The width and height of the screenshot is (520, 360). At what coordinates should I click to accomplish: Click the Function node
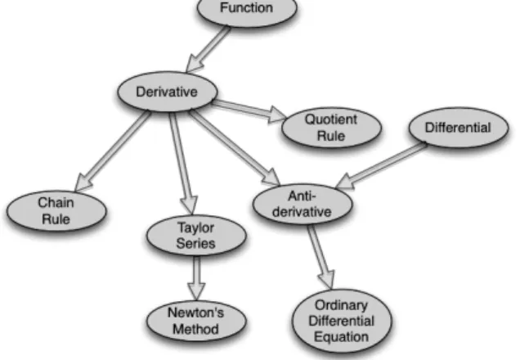pos(247,9)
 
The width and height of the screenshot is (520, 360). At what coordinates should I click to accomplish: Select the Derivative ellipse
pos(168,92)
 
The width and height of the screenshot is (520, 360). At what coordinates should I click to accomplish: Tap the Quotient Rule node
pos(331,128)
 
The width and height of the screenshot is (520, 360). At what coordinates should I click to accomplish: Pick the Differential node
pos(459,128)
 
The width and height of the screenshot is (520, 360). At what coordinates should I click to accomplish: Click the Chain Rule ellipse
pos(56,211)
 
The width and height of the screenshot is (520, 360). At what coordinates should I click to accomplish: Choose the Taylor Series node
pos(196,236)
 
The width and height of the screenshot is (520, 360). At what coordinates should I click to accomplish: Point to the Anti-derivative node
pos(303,204)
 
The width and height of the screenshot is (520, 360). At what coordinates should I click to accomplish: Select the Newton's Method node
pos(196,321)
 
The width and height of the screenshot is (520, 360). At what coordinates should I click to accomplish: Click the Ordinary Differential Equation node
pos(342,321)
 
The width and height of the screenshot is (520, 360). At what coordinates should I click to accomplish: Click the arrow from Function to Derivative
pos(208,49)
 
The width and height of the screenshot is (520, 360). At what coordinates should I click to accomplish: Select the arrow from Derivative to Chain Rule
pos(113,151)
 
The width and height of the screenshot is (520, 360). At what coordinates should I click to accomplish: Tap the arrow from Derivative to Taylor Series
pos(182,164)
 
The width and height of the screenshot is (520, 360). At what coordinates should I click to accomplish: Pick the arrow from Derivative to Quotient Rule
pos(249,110)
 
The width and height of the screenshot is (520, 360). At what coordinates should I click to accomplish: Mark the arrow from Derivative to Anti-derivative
pos(235,147)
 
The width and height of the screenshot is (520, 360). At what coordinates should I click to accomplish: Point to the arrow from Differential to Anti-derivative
pos(381,165)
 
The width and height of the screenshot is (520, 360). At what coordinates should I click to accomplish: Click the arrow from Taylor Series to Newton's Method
pos(196,278)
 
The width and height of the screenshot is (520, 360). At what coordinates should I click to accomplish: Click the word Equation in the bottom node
pos(342,337)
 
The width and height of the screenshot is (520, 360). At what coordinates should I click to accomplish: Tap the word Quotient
pos(331,119)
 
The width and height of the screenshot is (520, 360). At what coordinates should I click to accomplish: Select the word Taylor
pos(196,228)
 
